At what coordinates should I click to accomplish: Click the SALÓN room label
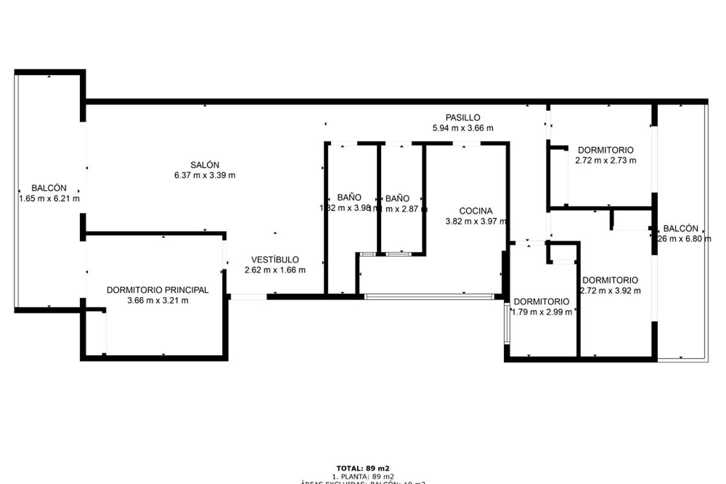pyautogui.click(x=204, y=165)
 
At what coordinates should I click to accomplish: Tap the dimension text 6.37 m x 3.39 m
pyautogui.click(x=204, y=175)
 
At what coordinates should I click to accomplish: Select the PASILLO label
pyautogui.click(x=463, y=117)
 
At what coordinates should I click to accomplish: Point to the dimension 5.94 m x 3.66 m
pyautogui.click(x=463, y=128)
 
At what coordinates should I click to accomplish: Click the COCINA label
pyautogui.click(x=476, y=211)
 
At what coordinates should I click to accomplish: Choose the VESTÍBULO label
pyautogui.click(x=275, y=260)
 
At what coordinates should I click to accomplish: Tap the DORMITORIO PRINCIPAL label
pyautogui.click(x=157, y=290)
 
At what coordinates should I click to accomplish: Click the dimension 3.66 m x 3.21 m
pyautogui.click(x=157, y=300)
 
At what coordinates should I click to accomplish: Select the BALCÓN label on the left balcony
pyautogui.click(x=49, y=188)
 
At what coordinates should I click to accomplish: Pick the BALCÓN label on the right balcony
pyautogui.click(x=681, y=229)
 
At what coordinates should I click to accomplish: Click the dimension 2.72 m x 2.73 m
pyautogui.click(x=606, y=160)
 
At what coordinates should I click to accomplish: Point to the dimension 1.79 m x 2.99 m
pyautogui.click(x=541, y=312)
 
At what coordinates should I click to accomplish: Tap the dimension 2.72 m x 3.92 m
pyautogui.click(x=610, y=290)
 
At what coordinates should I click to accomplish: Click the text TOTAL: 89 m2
pyautogui.click(x=363, y=468)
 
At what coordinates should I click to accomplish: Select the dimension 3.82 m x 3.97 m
pyautogui.click(x=476, y=221)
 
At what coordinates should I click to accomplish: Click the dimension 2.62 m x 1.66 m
pyautogui.click(x=275, y=270)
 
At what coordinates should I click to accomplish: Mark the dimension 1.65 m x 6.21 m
pyautogui.click(x=49, y=198)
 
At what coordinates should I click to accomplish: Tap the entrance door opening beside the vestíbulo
pyautogui.click(x=249, y=296)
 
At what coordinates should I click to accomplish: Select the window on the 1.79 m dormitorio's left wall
pyautogui.click(x=506, y=323)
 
